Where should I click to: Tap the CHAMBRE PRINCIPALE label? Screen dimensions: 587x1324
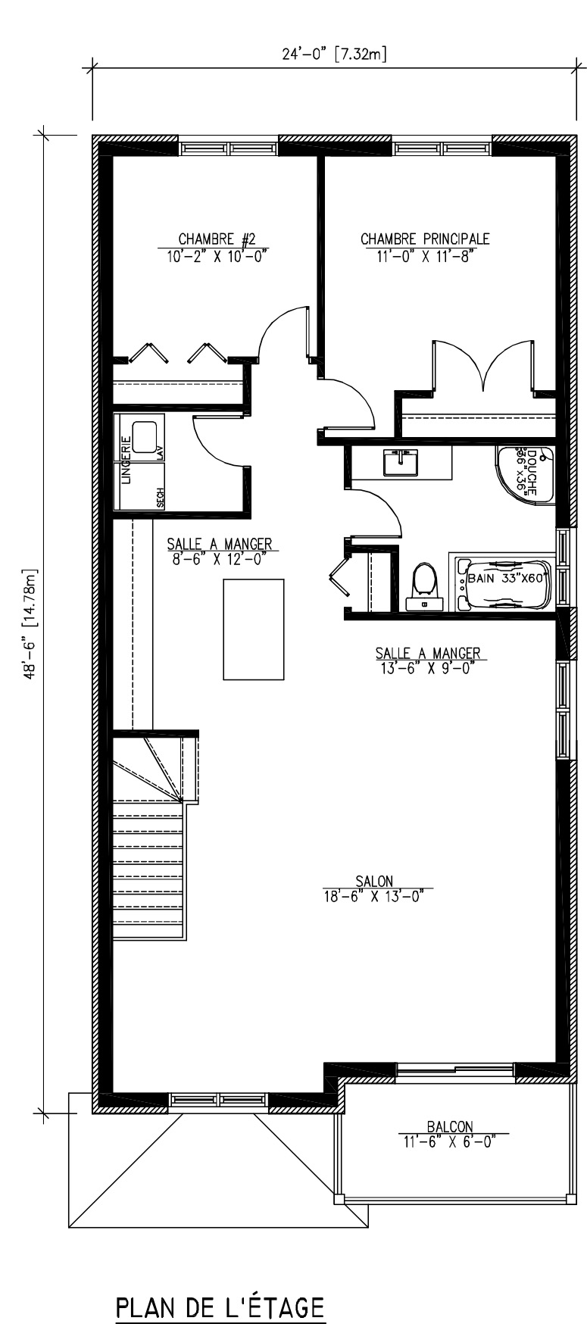coord(425,239)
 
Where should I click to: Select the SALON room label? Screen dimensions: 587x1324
coord(374,881)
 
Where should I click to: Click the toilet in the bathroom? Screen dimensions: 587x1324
coord(423,587)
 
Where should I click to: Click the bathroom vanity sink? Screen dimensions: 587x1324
coord(401,462)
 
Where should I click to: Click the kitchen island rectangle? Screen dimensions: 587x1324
coord(254,629)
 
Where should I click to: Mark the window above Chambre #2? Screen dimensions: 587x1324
coord(228,148)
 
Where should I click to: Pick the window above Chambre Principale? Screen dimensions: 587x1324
coord(442,148)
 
